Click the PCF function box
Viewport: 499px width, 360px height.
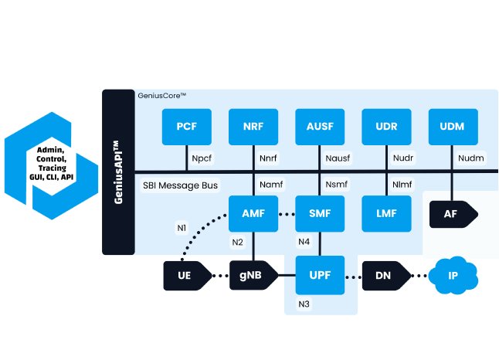click(x=186, y=126)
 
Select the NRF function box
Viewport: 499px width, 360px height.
click(x=253, y=126)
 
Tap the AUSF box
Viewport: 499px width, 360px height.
click(x=319, y=126)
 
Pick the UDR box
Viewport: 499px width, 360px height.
click(x=385, y=126)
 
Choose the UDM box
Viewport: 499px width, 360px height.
click(x=452, y=126)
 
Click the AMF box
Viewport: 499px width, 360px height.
click(x=253, y=214)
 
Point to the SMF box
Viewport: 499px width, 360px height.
click(x=319, y=214)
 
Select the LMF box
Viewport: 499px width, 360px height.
click(x=385, y=214)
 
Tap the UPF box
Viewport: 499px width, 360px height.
click(x=319, y=276)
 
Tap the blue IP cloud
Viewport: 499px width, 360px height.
click(x=453, y=275)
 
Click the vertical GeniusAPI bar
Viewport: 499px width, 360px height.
click(x=118, y=172)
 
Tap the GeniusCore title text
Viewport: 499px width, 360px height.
click(x=162, y=96)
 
